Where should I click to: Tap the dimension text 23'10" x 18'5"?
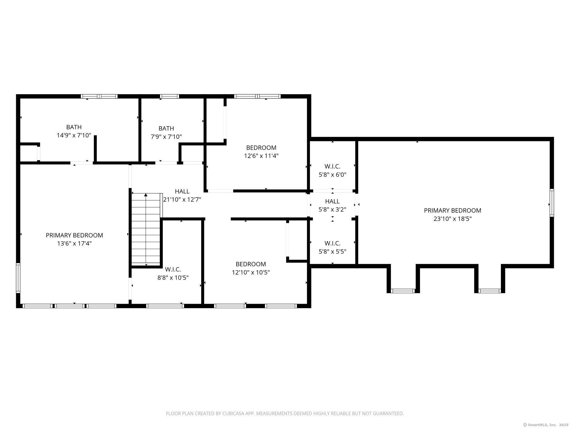(452, 219)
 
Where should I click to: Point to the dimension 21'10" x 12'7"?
(182, 200)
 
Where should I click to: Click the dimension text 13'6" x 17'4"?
(74, 244)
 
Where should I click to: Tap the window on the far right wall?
(551, 203)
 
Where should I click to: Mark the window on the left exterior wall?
(18, 278)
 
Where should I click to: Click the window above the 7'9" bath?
(169, 96)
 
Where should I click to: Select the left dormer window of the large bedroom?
(403, 291)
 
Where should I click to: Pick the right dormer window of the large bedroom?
(489, 291)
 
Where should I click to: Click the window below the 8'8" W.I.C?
(165, 306)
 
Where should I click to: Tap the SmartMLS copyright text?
(546, 425)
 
